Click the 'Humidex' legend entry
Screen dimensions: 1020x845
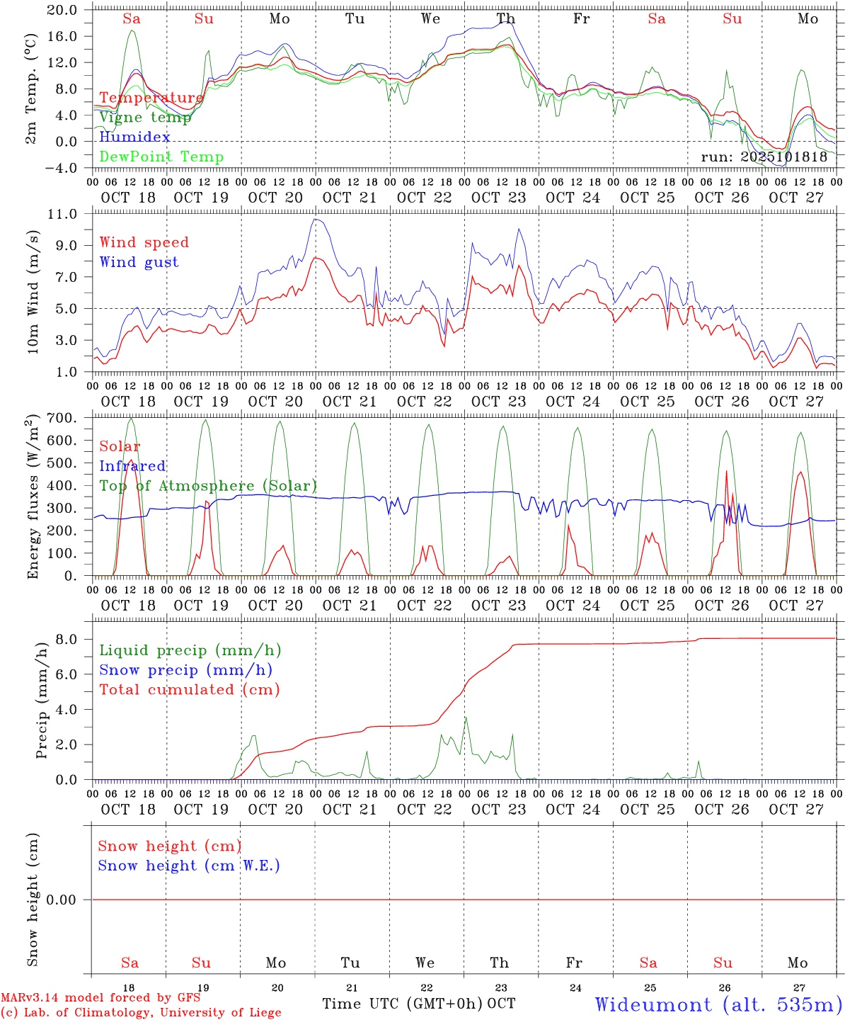(134, 137)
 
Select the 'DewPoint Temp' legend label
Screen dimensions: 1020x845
(161, 157)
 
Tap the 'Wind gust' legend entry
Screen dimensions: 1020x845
(139, 262)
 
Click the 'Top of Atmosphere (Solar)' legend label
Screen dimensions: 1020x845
(208, 486)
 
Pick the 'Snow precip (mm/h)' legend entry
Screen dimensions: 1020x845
(185, 670)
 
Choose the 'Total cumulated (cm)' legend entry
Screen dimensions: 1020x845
(189, 689)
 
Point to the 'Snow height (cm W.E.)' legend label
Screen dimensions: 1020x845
(189, 866)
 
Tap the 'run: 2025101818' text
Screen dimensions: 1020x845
(764, 157)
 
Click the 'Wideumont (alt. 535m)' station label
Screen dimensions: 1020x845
(718, 1004)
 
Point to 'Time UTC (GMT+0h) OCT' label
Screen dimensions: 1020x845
(418, 1004)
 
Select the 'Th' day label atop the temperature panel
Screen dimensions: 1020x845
(505, 18)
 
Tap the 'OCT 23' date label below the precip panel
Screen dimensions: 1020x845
(498, 809)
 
